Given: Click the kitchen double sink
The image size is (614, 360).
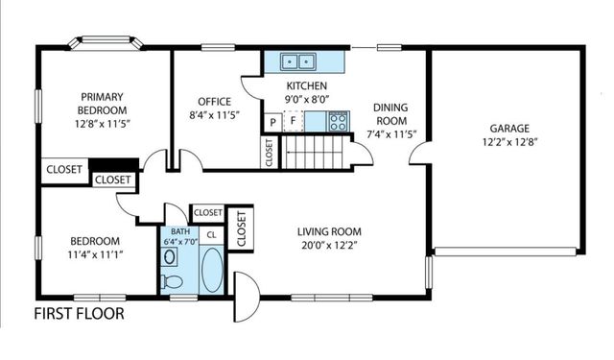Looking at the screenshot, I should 299,62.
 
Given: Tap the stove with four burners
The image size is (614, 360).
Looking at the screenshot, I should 338,121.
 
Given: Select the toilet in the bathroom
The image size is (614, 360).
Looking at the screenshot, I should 173,280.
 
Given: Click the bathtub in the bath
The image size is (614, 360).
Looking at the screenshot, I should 211,270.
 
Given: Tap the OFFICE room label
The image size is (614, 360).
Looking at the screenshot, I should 216,102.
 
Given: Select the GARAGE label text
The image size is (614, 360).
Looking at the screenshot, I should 510,127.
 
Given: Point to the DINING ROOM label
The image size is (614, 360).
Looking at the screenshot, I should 390,114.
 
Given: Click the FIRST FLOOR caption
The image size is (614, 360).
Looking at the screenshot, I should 79,314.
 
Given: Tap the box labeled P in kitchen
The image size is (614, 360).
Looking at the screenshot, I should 273,122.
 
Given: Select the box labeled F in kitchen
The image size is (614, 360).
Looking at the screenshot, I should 293,122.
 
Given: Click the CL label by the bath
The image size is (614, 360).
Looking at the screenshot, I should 211,234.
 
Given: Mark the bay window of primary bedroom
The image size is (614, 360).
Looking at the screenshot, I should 106,43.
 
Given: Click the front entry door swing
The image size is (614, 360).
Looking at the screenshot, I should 244,298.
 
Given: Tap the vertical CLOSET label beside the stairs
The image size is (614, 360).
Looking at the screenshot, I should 269,152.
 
